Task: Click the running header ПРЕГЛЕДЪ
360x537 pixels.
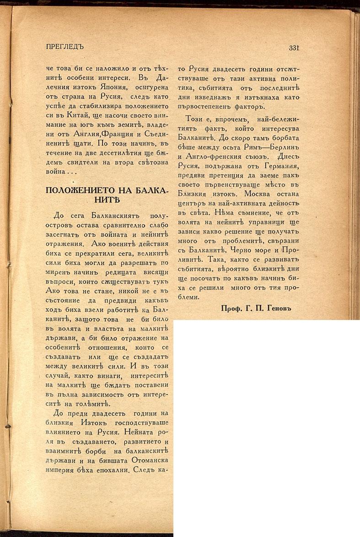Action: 65,47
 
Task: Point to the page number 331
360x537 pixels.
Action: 294,48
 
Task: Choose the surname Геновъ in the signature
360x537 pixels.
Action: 277,309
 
